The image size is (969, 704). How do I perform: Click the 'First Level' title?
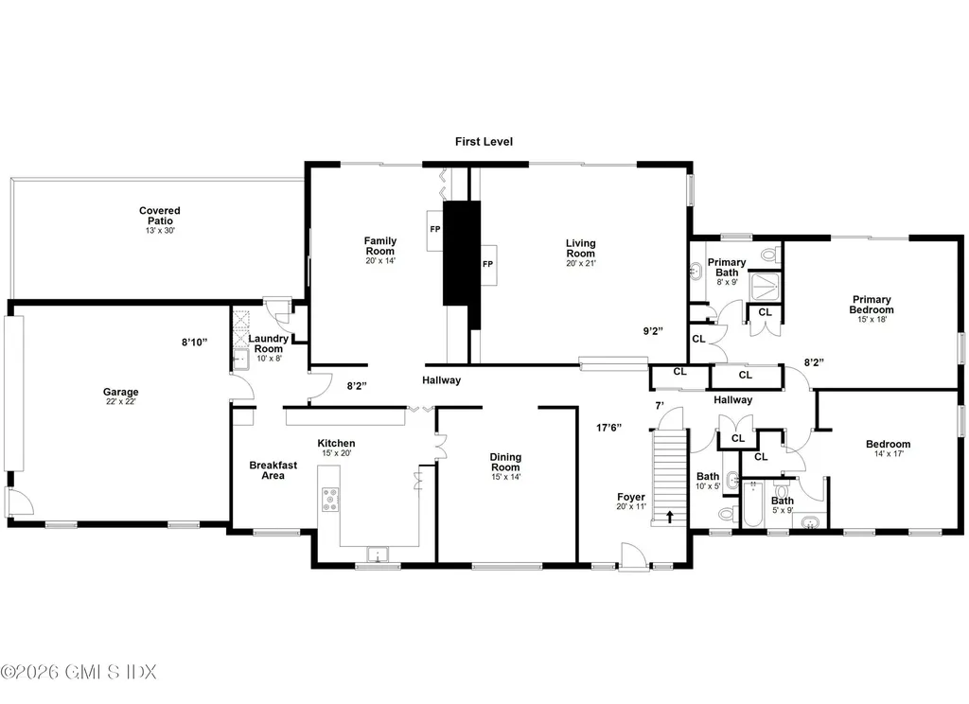483,142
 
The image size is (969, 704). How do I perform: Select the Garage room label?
121,397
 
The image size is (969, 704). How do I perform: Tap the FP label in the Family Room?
434,230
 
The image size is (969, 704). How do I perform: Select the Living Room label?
580,250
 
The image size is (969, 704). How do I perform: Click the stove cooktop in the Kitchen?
332,500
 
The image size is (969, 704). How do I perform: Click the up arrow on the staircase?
671,517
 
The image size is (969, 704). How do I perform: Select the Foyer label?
630,501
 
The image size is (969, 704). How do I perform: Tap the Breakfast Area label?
267,469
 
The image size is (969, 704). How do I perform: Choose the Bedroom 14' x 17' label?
888,449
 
